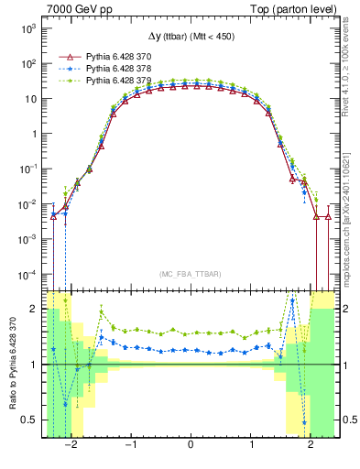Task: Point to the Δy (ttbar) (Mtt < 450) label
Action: pyautogui.click(x=190, y=40)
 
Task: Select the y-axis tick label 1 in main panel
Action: pyautogui.click(x=32, y=134)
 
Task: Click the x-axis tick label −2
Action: pyautogui.click(x=71, y=445)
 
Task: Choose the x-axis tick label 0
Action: pyautogui.click(x=190, y=445)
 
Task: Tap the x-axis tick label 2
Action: pyautogui.click(x=310, y=445)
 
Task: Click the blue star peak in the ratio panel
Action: pyautogui.click(x=292, y=300)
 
